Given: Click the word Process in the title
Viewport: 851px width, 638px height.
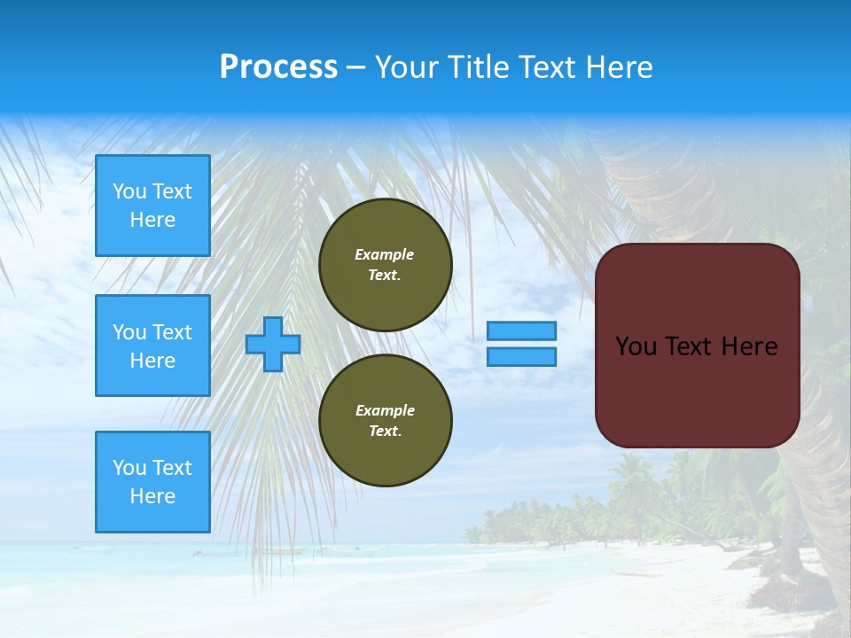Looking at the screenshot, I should pyautogui.click(x=278, y=67).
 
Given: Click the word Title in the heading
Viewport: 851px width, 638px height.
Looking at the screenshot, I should pyautogui.click(x=476, y=67).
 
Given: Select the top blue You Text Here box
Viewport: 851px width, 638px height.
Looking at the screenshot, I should pyautogui.click(x=152, y=206).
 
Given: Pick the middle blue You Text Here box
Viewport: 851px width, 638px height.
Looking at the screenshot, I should pyautogui.click(x=152, y=346).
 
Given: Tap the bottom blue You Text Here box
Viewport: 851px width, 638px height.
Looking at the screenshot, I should pyautogui.click(x=152, y=482).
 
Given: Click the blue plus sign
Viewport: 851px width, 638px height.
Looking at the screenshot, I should pyautogui.click(x=273, y=344).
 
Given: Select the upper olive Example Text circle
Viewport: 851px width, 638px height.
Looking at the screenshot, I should pyautogui.click(x=386, y=265).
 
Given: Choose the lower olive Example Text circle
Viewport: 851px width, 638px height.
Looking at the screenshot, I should pyautogui.click(x=386, y=421).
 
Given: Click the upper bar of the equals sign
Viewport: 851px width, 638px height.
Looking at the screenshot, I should pyautogui.click(x=522, y=331).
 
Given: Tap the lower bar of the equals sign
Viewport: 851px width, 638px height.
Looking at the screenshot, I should pyautogui.click(x=522, y=357).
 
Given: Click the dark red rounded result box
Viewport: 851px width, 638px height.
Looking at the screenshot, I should pyautogui.click(x=698, y=346).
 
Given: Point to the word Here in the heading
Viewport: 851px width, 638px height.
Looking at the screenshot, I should pyautogui.click(x=621, y=67).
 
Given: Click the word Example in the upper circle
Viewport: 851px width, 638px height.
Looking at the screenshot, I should pyautogui.click(x=385, y=254).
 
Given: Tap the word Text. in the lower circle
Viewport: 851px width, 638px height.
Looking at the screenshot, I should pyautogui.click(x=385, y=432).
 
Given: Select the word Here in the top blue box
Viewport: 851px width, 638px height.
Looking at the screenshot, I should pyautogui.click(x=152, y=220).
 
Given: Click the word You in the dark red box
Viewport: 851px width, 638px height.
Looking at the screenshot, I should pyautogui.click(x=636, y=346).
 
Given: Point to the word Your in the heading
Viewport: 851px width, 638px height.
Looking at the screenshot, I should pyautogui.click(x=407, y=67).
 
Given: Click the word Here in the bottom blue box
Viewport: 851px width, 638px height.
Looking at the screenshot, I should pyautogui.click(x=152, y=496).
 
